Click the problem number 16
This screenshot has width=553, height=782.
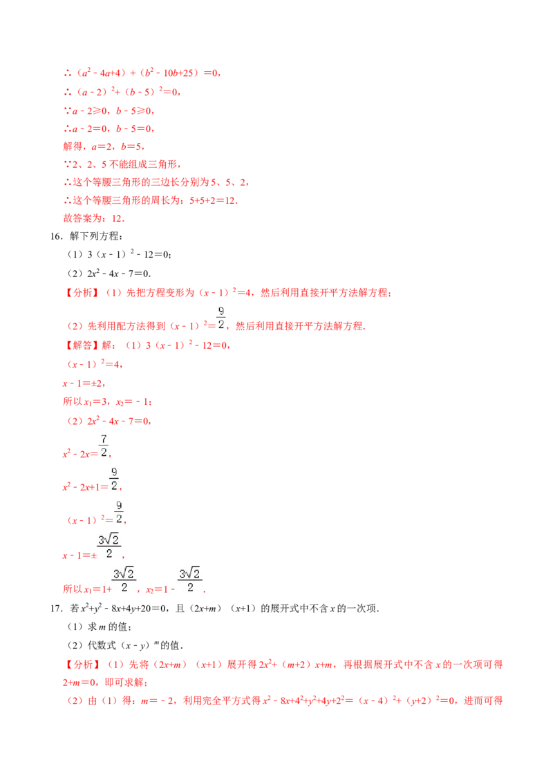[56, 236]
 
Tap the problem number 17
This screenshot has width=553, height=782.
[56, 609]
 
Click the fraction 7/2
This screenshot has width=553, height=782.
[104, 446]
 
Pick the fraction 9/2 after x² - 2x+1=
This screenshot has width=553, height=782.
[114, 479]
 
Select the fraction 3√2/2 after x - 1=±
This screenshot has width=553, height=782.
[109, 546]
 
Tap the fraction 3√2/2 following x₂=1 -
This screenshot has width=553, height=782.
[189, 580]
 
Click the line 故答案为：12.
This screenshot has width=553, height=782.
[94, 218]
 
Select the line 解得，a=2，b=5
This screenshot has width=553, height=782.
[104, 146]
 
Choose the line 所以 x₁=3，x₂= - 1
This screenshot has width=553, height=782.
[107, 402]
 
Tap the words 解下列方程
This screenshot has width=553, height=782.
[95, 236]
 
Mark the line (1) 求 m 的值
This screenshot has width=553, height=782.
[100, 627]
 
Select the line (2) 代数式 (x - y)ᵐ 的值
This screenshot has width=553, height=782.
[125, 645]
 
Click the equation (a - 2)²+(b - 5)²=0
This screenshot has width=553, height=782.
[122, 92]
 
